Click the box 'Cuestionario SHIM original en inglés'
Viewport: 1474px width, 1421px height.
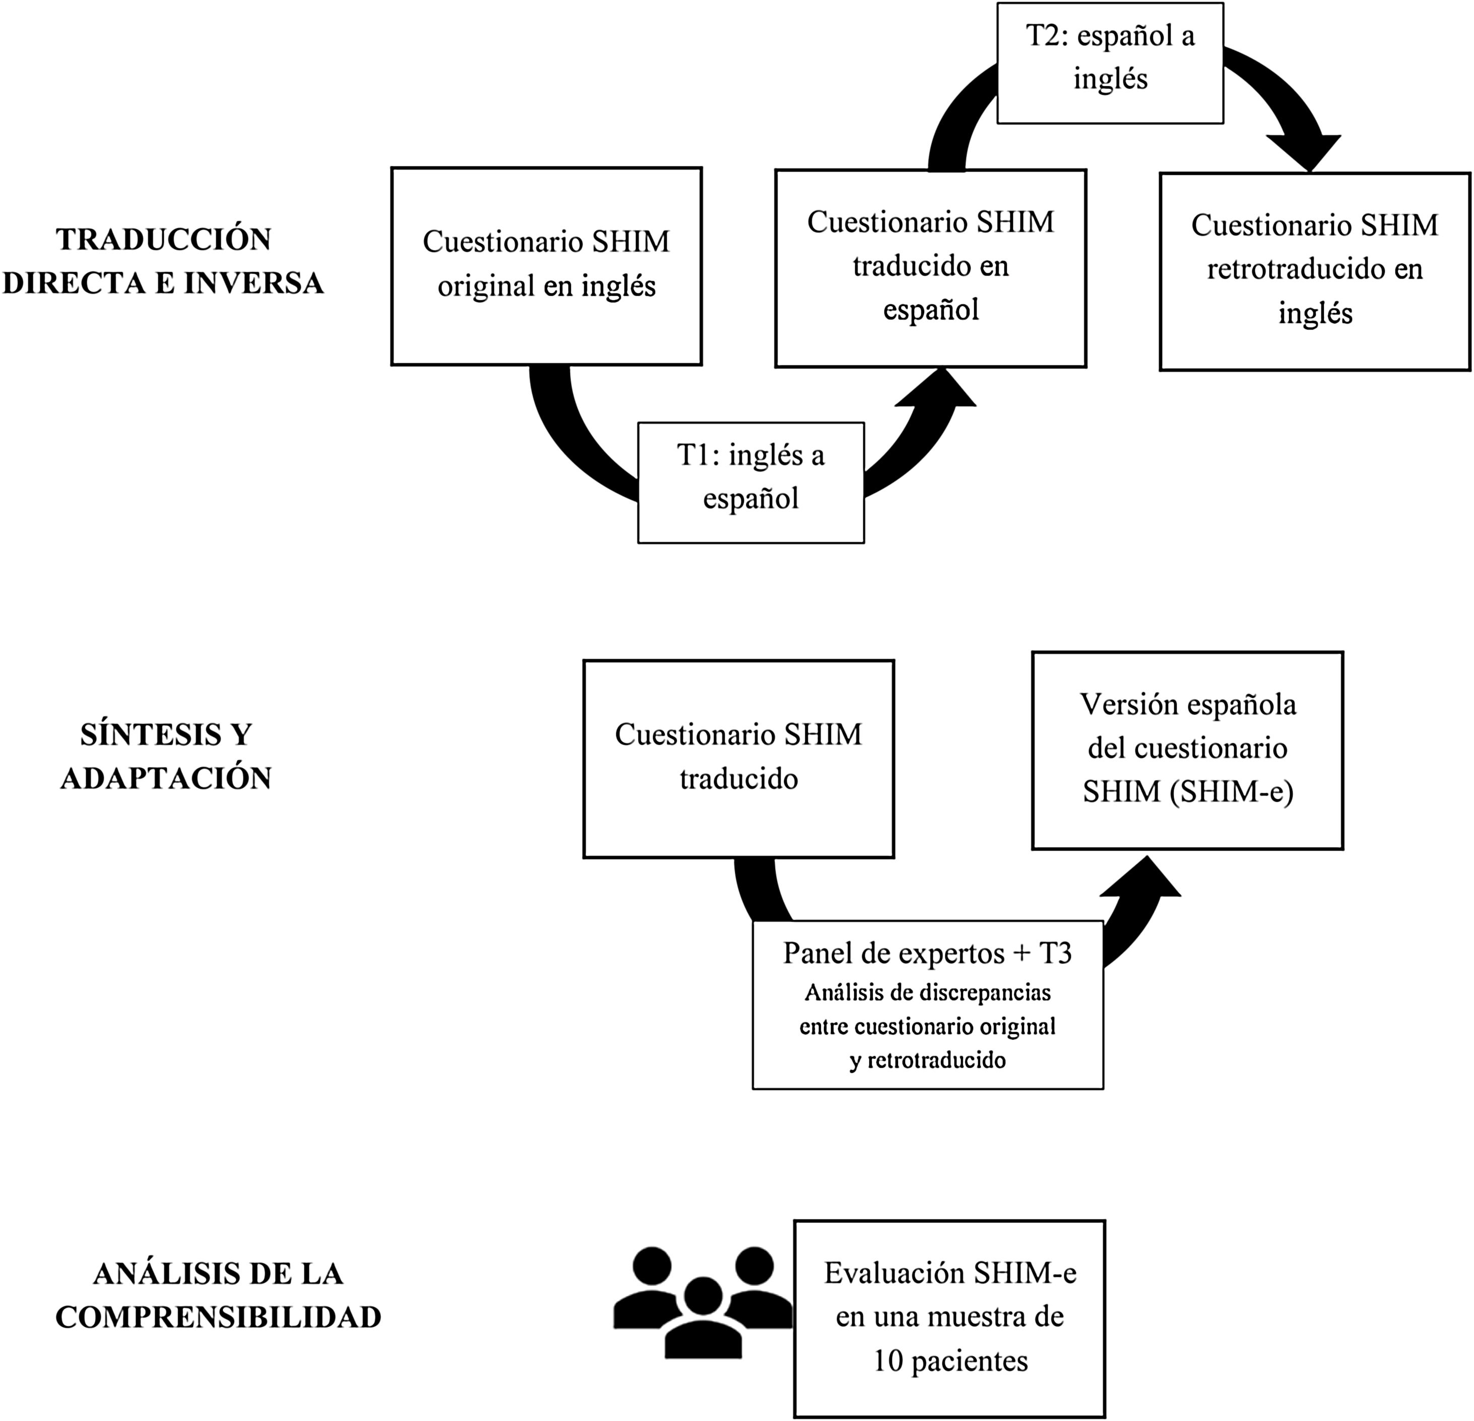coord(546,266)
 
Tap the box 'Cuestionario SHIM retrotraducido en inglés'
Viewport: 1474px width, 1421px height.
coord(1315,271)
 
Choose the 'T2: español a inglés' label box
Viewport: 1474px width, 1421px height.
coord(1110,62)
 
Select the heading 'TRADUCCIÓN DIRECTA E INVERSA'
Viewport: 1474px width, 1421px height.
coord(164,261)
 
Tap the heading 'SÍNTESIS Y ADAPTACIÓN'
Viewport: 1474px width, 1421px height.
coord(165,756)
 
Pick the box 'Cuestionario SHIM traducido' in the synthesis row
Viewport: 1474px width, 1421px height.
coord(738,758)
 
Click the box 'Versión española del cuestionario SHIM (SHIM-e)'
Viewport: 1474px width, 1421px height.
coord(1187,750)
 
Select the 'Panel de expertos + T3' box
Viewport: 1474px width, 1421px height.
coord(927,1004)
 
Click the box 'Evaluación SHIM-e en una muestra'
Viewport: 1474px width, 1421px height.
coord(949,1319)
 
